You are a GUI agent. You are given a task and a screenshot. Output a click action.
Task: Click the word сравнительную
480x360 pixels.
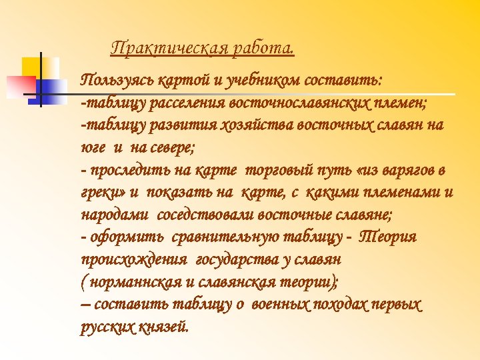pyautogui.click(x=221, y=238)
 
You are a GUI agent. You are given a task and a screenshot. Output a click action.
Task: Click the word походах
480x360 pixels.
pyautogui.click(x=341, y=305)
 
